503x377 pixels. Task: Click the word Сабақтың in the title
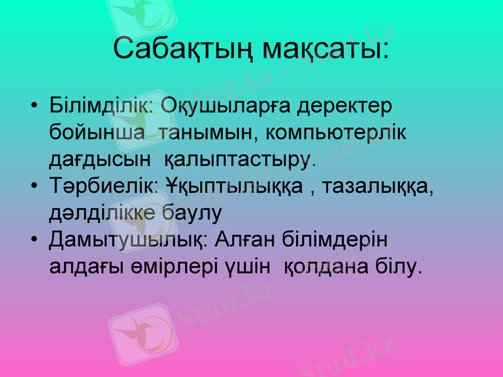point(182,49)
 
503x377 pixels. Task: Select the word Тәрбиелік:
point(103,186)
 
